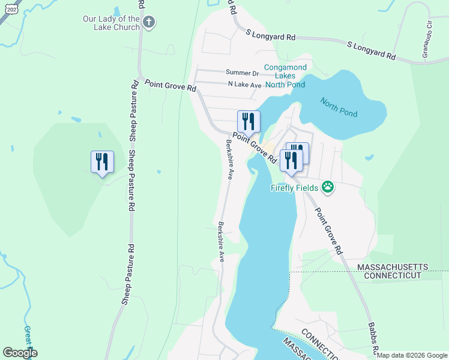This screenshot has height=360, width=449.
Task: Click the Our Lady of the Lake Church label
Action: tap(111, 23)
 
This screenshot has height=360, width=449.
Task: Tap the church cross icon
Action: tap(149, 23)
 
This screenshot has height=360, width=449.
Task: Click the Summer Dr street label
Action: tap(242, 73)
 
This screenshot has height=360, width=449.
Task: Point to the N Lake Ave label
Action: tap(244, 85)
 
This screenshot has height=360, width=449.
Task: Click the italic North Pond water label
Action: tap(339, 107)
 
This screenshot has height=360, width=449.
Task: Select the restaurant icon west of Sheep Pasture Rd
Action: tap(102, 162)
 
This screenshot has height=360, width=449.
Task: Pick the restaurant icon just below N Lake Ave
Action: tap(249, 122)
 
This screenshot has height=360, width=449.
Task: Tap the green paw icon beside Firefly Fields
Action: tap(328, 188)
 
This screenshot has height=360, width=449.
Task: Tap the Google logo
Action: tap(20, 353)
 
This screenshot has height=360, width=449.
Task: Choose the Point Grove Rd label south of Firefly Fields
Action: tap(328, 231)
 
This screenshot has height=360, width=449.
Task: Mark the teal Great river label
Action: tap(28, 339)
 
